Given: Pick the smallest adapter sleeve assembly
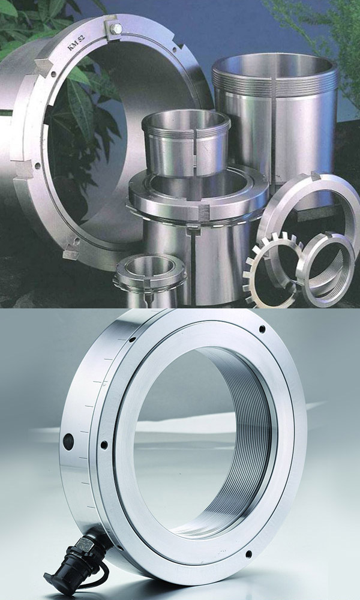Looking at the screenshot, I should pyautogui.click(x=150, y=279).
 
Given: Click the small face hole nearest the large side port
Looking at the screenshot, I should pyautogui.click(x=104, y=445).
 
